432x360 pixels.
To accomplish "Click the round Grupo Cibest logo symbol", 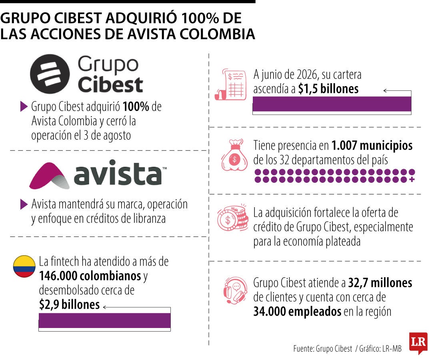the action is [50, 74].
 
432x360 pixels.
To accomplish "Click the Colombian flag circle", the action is [24, 266].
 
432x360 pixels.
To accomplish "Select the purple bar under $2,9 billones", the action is [104, 320].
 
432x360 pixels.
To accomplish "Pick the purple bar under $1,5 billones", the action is [332, 104].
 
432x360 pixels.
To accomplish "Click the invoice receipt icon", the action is [231, 84].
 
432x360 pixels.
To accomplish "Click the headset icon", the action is [235, 290].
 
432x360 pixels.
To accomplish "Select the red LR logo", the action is [418, 343].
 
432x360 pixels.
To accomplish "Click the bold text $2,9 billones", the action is [70, 305].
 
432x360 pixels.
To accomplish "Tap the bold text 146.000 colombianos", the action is [90, 276].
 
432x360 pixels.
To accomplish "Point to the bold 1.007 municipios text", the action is [372, 146].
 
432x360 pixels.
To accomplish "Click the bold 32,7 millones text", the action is [380, 283].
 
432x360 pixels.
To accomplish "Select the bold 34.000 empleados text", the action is [297, 312].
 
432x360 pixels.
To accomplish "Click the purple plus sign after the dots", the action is [412, 180].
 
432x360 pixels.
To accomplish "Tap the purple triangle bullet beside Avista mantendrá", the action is [24, 204].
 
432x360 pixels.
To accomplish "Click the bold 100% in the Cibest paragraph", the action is [136, 106].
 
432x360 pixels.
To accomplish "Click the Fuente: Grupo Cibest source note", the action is [323, 349].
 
